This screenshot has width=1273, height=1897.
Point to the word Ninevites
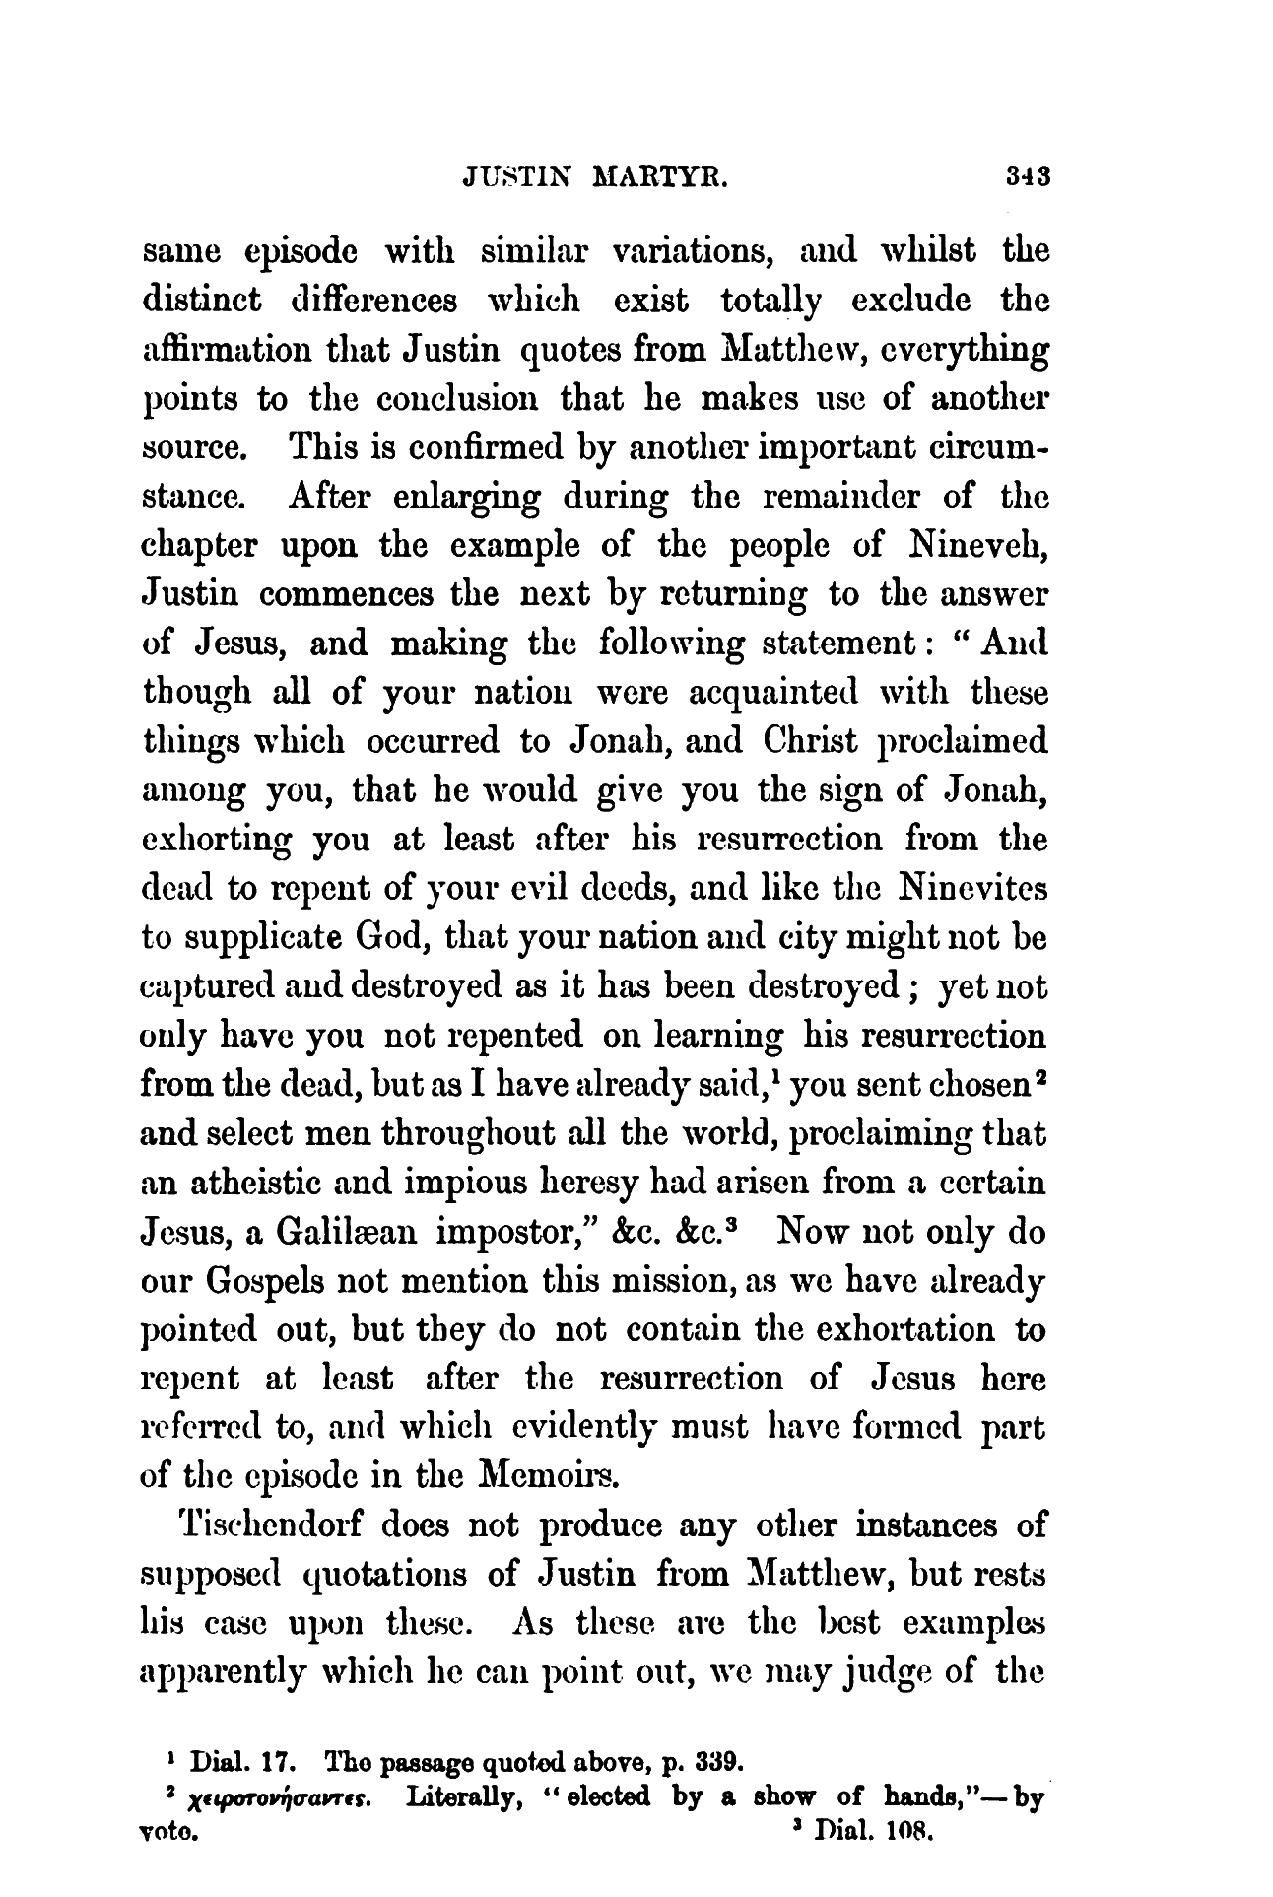point(972,889)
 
